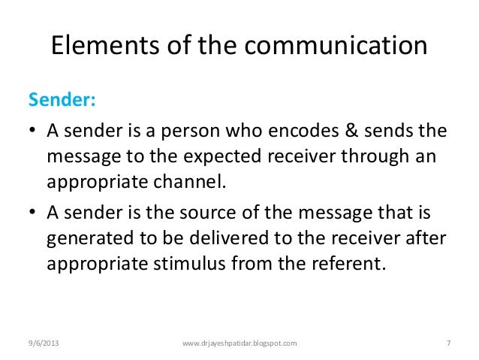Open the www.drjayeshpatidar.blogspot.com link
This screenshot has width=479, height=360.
tap(240, 343)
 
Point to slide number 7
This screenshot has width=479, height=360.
tap(447, 343)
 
